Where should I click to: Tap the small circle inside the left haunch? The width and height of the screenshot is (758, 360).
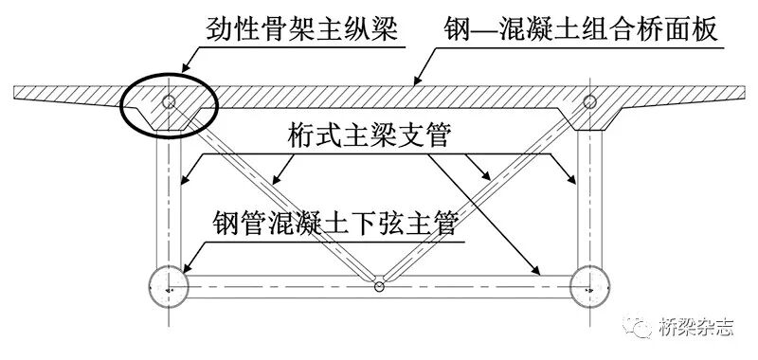click(168, 101)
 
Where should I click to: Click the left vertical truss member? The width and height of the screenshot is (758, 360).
click(168, 199)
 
